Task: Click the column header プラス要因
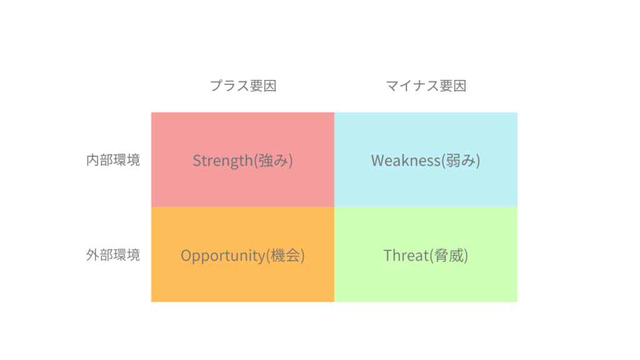tap(243, 86)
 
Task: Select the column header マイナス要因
tap(426, 86)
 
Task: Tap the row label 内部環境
tap(113, 160)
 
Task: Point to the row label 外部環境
tap(113, 255)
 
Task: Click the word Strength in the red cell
tap(223, 161)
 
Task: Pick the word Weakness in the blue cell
tap(406, 161)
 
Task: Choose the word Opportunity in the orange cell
tap(223, 256)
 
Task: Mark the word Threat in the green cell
tap(406, 256)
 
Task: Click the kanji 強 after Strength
tap(265, 161)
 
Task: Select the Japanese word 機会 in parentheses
tap(285, 256)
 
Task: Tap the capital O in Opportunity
tap(186, 256)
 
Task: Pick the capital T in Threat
tap(388, 256)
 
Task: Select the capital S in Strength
tap(197, 161)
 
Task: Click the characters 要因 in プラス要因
tap(263, 86)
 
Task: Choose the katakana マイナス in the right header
tap(412, 86)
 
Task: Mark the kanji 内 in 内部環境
tap(92, 160)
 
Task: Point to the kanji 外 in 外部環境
tap(92, 255)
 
